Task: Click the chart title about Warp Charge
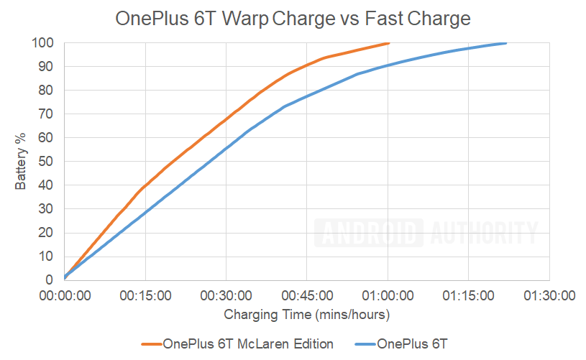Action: tap(293, 19)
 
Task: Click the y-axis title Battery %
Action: tap(21, 162)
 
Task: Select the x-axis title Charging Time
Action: tap(307, 314)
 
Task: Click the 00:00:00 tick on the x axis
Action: tap(65, 295)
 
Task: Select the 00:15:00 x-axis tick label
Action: tap(146, 295)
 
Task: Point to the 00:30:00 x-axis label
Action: tap(226, 295)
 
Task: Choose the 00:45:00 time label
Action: tap(308, 295)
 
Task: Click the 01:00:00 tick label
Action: tap(388, 295)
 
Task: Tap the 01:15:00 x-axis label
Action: tap(470, 295)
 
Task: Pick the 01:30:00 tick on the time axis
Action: tap(550, 295)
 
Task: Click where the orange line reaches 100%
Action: tap(388, 43)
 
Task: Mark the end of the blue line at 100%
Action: tap(506, 43)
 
